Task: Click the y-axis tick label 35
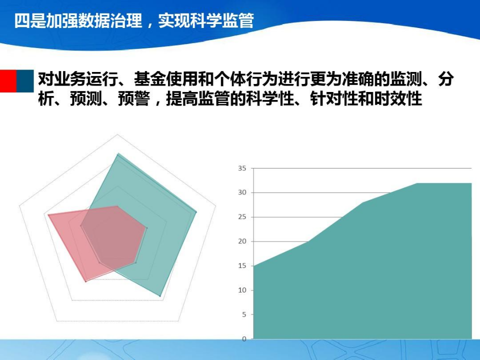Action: (x=242, y=168)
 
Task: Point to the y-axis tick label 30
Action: (x=242, y=192)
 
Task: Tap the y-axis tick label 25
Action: (x=242, y=217)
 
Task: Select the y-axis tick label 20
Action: (x=242, y=241)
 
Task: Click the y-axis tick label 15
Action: (x=242, y=266)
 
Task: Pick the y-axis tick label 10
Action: (x=242, y=290)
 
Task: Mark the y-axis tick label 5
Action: (x=244, y=314)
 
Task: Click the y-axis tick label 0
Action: (x=244, y=339)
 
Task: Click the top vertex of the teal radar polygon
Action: (x=118, y=153)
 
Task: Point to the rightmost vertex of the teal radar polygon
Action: (x=196, y=212)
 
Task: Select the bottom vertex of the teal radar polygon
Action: (x=160, y=296)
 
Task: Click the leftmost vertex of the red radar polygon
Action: (x=48, y=214)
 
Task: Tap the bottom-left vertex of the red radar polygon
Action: (x=85, y=282)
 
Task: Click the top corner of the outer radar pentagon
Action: (x=117, y=134)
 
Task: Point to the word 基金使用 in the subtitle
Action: (x=160, y=79)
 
